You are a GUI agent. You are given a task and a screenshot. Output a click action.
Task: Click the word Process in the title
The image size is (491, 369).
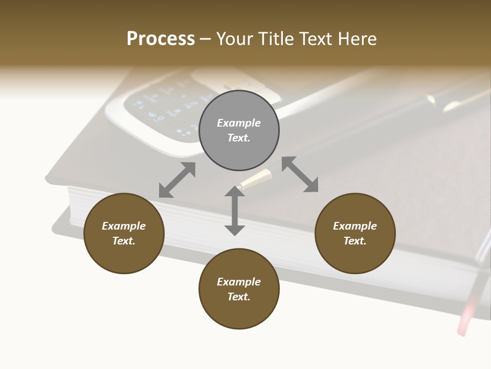[161, 39]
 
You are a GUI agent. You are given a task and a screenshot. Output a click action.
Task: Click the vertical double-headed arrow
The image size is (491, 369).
[234, 211]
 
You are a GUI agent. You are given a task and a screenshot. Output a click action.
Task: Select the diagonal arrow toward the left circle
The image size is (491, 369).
[177, 180]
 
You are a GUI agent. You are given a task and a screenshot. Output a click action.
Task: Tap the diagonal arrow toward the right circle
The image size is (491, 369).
[300, 174]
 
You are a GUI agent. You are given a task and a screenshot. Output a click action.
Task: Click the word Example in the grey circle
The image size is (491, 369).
[239, 123]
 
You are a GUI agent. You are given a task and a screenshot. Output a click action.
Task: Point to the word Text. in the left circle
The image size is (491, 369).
[124, 241]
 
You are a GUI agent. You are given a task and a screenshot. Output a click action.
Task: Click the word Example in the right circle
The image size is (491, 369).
[355, 226]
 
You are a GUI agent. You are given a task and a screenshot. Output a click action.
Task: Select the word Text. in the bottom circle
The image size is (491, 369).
[239, 297]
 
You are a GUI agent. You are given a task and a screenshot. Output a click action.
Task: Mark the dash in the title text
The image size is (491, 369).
[205, 39]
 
